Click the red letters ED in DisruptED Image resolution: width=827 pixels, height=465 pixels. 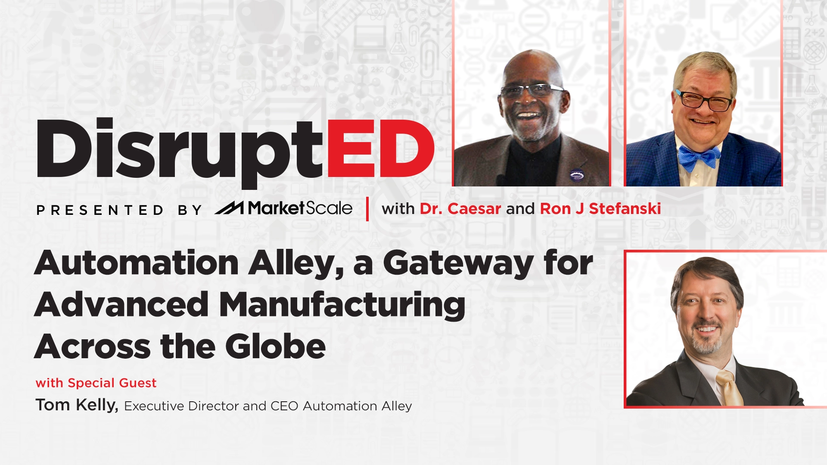tap(381, 149)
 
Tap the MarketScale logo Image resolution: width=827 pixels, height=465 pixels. tap(283, 208)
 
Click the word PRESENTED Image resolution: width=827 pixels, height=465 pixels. tap(100, 210)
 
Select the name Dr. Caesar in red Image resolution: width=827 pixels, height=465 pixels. tap(460, 209)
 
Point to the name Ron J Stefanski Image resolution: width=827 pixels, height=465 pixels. tap(600, 209)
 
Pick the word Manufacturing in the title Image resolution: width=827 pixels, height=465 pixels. tap(342, 305)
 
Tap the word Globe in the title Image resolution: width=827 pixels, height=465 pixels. tap(275, 347)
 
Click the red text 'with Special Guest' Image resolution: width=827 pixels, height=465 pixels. tap(96, 383)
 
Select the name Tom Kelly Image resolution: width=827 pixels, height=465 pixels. tap(77, 405)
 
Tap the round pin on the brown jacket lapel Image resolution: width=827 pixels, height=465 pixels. tap(576, 175)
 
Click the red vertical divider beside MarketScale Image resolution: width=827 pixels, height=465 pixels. tap(367, 209)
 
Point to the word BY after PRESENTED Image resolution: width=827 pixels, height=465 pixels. tap(190, 210)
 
